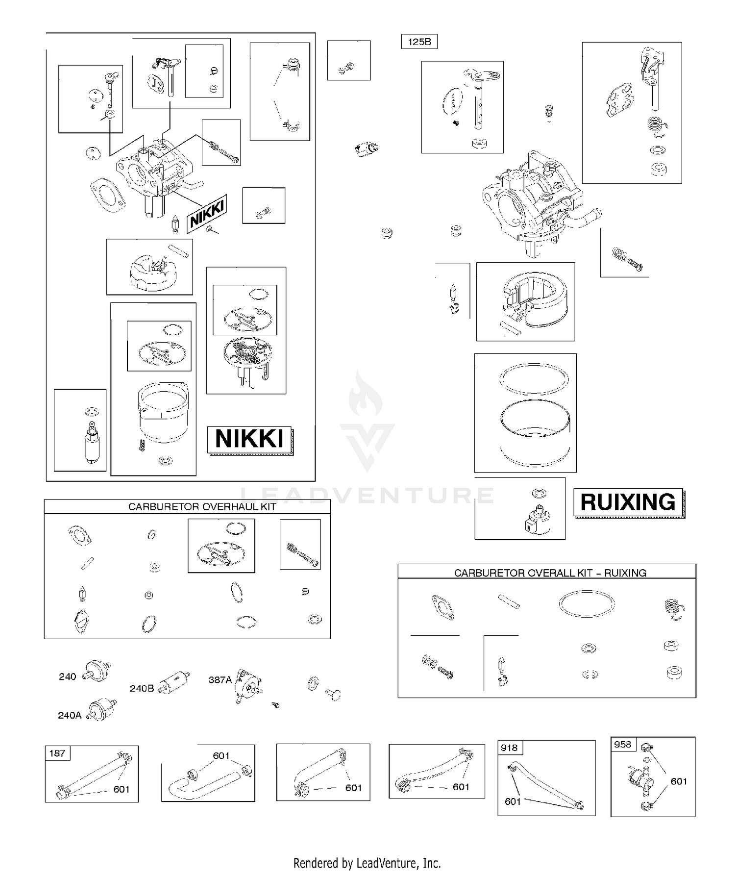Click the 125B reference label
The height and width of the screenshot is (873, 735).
[x=419, y=42]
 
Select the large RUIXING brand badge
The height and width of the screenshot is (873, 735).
[x=629, y=502]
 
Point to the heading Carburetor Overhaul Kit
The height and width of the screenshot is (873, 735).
[x=202, y=507]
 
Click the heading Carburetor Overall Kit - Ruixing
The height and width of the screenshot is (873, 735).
[x=550, y=573]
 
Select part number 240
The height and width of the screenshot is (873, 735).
[x=68, y=676]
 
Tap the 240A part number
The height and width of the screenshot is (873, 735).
[x=70, y=715]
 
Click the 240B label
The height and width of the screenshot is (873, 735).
[x=142, y=688]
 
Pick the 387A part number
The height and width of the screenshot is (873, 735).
[x=220, y=679]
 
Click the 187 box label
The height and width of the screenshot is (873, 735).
[x=57, y=753]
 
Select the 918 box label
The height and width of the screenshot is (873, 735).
[x=510, y=748]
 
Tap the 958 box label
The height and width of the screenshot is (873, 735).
[x=623, y=744]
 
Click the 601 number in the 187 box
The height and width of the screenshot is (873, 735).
[x=122, y=789]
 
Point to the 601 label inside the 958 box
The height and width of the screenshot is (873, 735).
[x=679, y=781]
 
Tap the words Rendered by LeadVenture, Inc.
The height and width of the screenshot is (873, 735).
[x=367, y=862]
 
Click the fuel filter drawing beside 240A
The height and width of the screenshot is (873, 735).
[x=102, y=709]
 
